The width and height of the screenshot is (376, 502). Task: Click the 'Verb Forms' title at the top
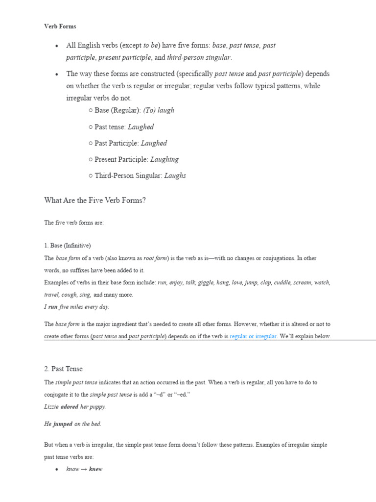(x=60, y=26)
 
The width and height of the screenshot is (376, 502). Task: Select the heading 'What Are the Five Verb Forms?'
(x=95, y=200)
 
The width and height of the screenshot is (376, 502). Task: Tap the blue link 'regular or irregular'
(x=253, y=336)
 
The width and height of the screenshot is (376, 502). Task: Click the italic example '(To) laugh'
(x=159, y=110)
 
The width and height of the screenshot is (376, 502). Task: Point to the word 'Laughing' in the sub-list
(x=164, y=159)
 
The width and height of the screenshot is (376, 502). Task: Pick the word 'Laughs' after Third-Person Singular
(x=175, y=176)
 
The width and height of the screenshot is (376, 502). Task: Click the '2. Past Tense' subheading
(x=64, y=369)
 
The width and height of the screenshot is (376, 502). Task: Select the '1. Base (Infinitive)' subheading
(x=68, y=246)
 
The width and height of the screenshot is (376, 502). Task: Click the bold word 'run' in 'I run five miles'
(x=53, y=307)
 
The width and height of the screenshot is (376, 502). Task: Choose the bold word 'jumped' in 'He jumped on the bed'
(x=63, y=424)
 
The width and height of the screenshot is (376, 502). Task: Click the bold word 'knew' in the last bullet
(x=95, y=469)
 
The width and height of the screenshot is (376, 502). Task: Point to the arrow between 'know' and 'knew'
(x=84, y=469)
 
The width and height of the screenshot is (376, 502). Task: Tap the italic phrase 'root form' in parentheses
(x=155, y=258)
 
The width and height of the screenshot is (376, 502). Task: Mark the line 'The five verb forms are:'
(x=74, y=223)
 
